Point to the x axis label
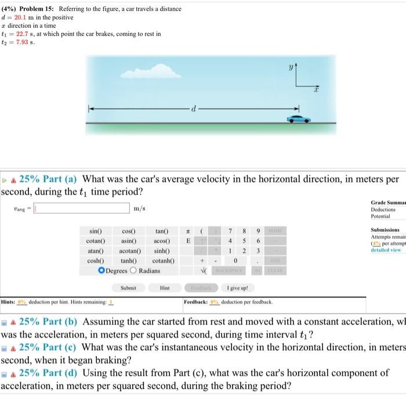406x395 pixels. pos(317,91)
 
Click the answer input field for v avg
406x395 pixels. pos(81,208)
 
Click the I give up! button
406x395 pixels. pos(237,287)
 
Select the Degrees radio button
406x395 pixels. pos(101,270)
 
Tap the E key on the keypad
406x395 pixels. pos(187,241)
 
